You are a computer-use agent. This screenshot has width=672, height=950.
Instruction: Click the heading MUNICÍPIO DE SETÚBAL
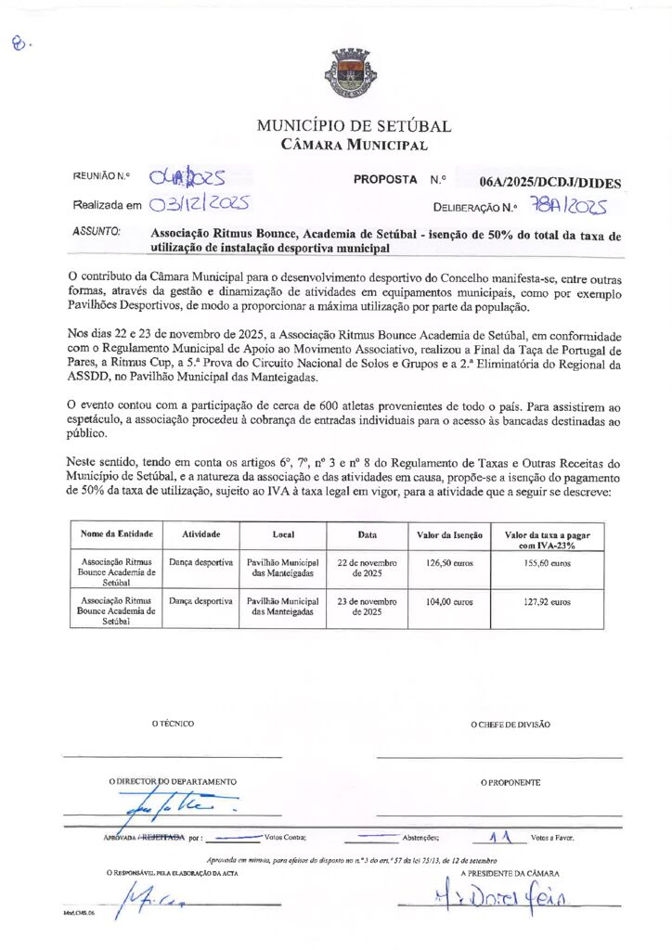(x=354, y=126)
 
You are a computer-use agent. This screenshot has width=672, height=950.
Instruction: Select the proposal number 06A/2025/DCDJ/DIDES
(x=550, y=183)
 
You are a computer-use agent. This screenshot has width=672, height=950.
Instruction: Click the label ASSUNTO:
(x=97, y=231)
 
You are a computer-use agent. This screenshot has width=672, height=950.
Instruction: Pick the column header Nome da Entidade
(x=117, y=535)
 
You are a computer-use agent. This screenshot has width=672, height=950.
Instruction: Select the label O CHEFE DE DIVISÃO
(x=510, y=725)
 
